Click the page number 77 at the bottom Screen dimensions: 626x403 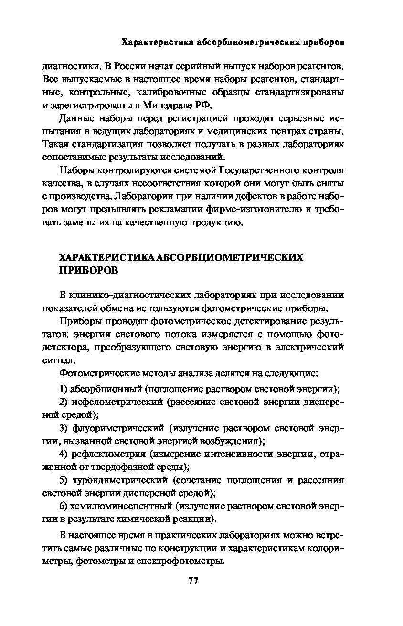tap(193, 581)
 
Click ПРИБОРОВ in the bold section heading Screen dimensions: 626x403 tap(88, 271)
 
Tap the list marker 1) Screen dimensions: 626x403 tap(63, 388)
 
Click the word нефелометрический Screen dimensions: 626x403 tap(116, 401)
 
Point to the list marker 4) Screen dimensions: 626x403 tap(64, 453)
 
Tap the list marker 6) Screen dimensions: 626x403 tap(63, 505)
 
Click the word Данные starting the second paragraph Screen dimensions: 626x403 tap(76, 118)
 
